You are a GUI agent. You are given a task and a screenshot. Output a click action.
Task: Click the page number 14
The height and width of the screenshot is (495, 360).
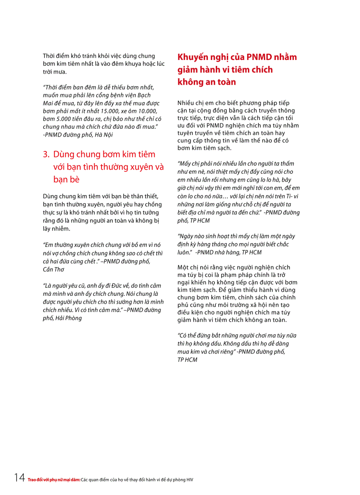tap(19, 477)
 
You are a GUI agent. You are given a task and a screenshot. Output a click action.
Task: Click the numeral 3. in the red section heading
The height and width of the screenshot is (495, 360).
tap(46, 154)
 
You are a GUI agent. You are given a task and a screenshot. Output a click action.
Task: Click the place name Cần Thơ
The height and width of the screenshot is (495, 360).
tap(54, 269)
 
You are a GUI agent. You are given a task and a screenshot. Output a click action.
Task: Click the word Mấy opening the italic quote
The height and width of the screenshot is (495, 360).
tap(186, 164)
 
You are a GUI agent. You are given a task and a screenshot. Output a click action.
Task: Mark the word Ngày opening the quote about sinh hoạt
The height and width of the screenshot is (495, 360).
tap(187, 236)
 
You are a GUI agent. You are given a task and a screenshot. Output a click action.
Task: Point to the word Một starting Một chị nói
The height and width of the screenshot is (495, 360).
tap(183, 267)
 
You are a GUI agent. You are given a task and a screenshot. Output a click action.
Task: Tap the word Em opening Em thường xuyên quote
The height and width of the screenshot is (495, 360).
tap(48, 245)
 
